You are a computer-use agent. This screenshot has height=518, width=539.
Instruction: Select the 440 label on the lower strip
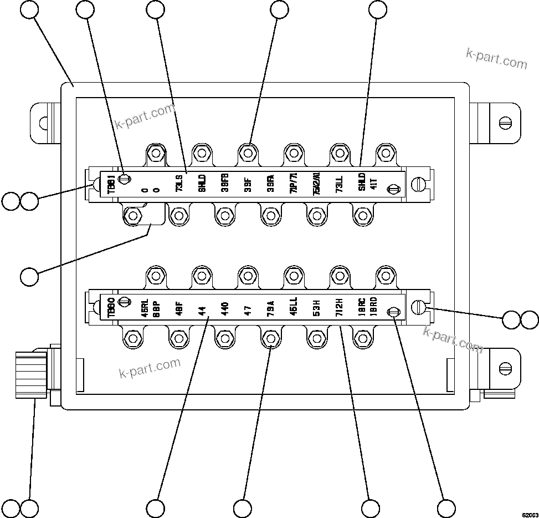point(224,308)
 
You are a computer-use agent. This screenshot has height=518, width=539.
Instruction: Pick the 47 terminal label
point(248,308)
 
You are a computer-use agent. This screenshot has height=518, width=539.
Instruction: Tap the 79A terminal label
point(270,308)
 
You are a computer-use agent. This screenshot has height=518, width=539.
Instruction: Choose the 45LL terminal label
point(294,308)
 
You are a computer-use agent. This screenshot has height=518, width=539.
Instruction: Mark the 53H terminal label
point(316,308)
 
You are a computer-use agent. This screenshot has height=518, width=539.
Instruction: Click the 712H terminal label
point(339,308)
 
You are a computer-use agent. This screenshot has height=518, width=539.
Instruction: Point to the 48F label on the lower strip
point(179,308)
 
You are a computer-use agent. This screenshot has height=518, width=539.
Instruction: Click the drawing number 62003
point(529,514)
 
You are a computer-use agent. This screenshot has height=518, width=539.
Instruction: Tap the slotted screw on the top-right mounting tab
point(505,123)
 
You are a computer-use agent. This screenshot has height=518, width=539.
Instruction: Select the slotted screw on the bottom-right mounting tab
point(505,368)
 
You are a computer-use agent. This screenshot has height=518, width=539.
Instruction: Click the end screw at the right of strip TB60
point(419,307)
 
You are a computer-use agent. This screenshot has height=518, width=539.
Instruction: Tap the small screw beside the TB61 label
point(126,179)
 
